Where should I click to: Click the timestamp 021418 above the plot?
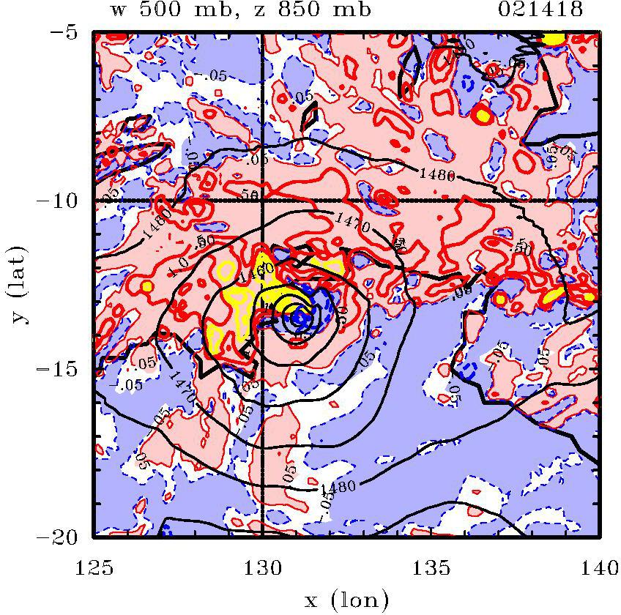pos(540,10)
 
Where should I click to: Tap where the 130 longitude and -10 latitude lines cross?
pos(262,200)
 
